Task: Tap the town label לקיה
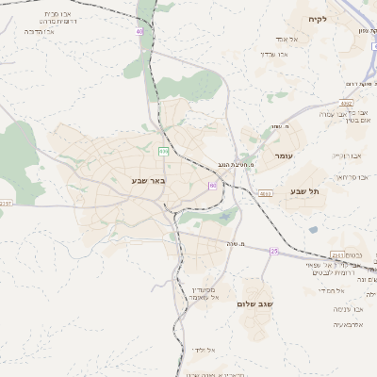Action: pyautogui.click(x=316, y=19)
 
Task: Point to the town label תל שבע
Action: pyautogui.click(x=306, y=191)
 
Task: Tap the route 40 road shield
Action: pyautogui.click(x=139, y=31)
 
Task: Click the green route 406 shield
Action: pyautogui.click(x=163, y=150)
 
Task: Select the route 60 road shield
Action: pyautogui.click(x=213, y=185)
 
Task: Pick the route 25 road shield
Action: pyautogui.click(x=274, y=251)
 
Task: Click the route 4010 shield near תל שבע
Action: pyautogui.click(x=265, y=192)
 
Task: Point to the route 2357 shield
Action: pyautogui.click(x=6, y=203)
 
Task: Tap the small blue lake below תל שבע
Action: pyautogui.click(x=313, y=229)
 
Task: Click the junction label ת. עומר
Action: pyautogui.click(x=279, y=126)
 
